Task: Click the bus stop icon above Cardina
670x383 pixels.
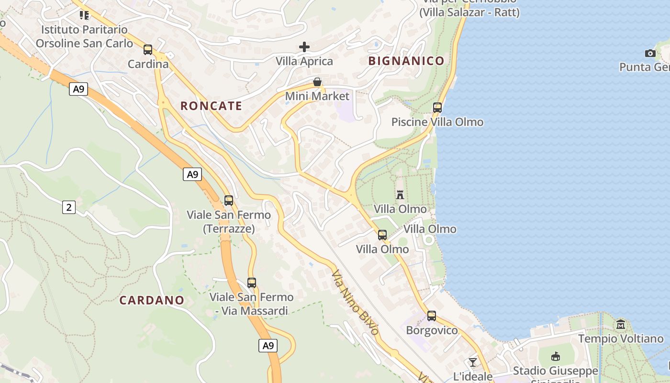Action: click(x=148, y=49)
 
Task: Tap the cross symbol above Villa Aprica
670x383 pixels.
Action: click(x=304, y=47)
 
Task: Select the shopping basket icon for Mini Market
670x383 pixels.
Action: click(x=317, y=82)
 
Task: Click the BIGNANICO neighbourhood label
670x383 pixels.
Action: click(x=406, y=61)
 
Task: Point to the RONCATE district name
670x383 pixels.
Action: click(x=211, y=106)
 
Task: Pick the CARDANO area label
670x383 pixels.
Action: click(x=152, y=300)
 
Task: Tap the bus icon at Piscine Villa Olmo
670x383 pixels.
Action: click(x=437, y=108)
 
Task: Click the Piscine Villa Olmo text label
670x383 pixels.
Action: click(x=437, y=122)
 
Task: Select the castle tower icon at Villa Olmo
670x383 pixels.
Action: click(x=400, y=194)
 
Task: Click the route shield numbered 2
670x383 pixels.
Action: click(x=69, y=207)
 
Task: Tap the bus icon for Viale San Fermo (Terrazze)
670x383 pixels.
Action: click(x=229, y=200)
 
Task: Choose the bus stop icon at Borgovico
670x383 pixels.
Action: click(x=432, y=315)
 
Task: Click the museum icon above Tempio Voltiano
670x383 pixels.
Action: click(x=621, y=324)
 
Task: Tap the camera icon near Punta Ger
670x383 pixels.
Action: click(x=650, y=53)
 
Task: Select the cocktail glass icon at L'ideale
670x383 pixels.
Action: click(x=473, y=362)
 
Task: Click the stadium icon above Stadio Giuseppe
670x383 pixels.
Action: click(x=556, y=356)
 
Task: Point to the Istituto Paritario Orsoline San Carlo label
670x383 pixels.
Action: click(x=84, y=36)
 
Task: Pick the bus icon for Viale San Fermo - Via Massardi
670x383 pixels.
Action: click(x=252, y=282)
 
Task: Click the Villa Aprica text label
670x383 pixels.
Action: click(x=304, y=61)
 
